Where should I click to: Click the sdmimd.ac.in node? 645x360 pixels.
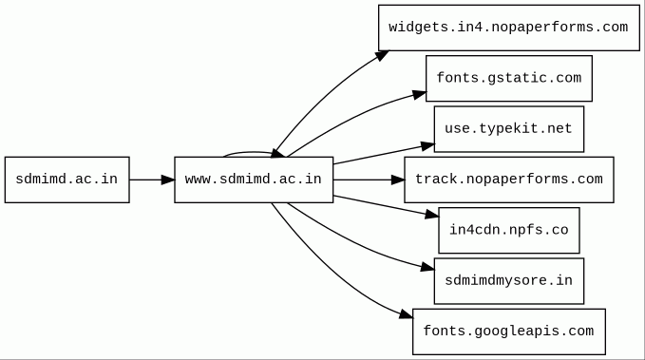67,180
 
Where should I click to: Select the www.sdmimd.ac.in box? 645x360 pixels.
254,180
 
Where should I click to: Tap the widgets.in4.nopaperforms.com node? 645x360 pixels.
509,28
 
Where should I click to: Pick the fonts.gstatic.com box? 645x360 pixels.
509,79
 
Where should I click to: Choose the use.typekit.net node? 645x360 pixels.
509,129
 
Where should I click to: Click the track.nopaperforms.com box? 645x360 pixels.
509,180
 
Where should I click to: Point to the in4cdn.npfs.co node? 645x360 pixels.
509,231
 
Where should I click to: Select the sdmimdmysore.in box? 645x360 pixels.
509,281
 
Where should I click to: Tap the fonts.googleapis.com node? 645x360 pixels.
509,332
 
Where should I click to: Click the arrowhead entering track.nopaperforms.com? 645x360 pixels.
398,180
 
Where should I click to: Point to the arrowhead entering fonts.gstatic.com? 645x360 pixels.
420,95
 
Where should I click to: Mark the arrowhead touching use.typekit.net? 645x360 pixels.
427,145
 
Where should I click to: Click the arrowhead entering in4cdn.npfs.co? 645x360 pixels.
432,214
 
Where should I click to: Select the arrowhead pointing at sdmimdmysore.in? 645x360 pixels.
427,268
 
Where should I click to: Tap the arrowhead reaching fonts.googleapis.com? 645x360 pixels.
406,314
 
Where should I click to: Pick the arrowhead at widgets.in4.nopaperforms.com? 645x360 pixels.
382,56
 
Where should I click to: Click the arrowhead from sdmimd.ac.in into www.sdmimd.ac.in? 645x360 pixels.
168,180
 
